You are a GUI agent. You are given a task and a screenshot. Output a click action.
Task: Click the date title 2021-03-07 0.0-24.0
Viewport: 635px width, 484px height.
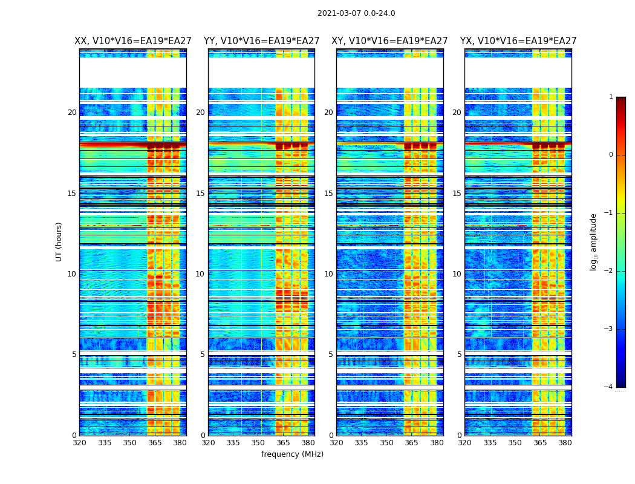tap(356, 13)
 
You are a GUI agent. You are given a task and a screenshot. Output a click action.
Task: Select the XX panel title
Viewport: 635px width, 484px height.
tap(133, 41)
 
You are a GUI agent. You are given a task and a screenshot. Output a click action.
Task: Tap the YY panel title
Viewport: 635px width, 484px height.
tap(261, 41)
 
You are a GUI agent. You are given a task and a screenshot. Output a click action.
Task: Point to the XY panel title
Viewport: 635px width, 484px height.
tap(389, 41)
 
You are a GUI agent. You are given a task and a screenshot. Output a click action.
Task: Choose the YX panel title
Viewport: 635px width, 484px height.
tap(518, 41)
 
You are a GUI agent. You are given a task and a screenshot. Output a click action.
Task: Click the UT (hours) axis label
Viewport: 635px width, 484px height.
tap(59, 241)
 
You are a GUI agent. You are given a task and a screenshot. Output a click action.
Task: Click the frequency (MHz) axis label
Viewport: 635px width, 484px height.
tap(292, 454)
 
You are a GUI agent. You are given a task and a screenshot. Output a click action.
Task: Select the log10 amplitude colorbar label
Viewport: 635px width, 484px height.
tap(594, 241)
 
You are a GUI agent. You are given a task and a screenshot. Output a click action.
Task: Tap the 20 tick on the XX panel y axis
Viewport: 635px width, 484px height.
tap(72, 113)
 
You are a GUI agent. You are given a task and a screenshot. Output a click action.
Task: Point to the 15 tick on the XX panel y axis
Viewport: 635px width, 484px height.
tap(72, 194)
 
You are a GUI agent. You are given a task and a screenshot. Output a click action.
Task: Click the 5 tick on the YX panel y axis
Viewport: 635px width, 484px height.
tap(459, 355)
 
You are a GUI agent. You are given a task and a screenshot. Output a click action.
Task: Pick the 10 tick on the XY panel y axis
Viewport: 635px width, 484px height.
tap(329, 274)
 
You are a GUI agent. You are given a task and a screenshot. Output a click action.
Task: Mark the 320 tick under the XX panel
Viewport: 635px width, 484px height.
tap(79, 443)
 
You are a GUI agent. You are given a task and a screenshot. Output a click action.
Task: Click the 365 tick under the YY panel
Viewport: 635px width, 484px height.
tap(283, 443)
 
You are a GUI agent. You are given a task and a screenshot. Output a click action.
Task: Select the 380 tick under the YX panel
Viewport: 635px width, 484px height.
tap(565, 443)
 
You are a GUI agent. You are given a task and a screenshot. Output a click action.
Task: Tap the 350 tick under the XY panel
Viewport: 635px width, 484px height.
tap(386, 443)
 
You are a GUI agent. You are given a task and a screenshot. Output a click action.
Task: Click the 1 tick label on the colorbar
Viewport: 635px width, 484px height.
tap(610, 97)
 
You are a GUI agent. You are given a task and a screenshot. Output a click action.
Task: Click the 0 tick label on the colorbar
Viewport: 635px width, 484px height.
tap(610, 155)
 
